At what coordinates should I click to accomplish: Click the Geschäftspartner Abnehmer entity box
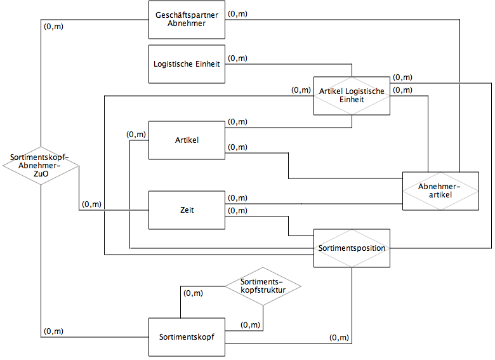point(187,19)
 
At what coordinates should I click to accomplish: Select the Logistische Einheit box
point(187,63)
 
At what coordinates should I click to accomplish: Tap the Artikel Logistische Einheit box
point(352,96)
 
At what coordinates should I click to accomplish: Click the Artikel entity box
point(187,140)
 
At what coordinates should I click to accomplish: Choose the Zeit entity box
point(187,210)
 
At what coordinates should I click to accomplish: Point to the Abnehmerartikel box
point(440,190)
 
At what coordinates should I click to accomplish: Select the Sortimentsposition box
point(352,248)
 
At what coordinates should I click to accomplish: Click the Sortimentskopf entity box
point(187,337)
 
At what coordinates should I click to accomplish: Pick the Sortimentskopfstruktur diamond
point(263,286)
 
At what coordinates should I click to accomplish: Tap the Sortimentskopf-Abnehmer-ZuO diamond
point(40,166)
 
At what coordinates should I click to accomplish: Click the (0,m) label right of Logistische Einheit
point(237,58)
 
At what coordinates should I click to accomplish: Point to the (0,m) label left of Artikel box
point(136,134)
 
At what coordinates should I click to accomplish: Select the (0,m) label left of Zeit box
point(91,204)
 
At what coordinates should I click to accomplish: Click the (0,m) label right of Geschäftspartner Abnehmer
point(237,13)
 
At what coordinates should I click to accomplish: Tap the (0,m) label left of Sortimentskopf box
point(53,331)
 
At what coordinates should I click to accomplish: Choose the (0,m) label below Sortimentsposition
point(340,338)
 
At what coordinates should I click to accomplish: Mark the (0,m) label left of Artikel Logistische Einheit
point(301,90)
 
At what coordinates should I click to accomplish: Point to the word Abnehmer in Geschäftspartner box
point(187,24)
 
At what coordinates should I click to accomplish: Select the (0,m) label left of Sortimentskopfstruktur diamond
point(193,293)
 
